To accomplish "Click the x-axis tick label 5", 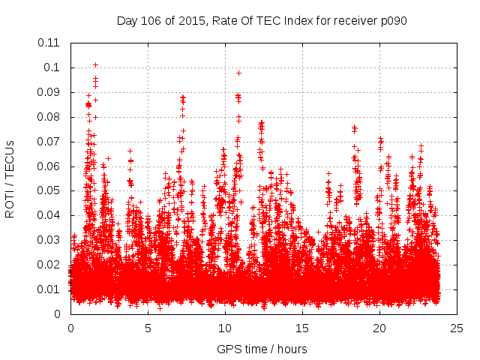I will pyautogui.click(x=148, y=328).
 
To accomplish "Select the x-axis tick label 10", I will pyautogui.click(x=225, y=328).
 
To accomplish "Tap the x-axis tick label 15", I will pyautogui.click(x=302, y=328).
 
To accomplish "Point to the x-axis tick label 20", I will pyautogui.click(x=379, y=328).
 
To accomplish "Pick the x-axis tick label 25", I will pyautogui.click(x=457, y=328).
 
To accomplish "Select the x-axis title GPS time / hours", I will pyautogui.click(x=262, y=349).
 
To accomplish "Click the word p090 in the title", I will pyautogui.click(x=392, y=20).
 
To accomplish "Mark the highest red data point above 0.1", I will pyautogui.click(x=95, y=64).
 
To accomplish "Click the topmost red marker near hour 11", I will pyautogui.click(x=238, y=73).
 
